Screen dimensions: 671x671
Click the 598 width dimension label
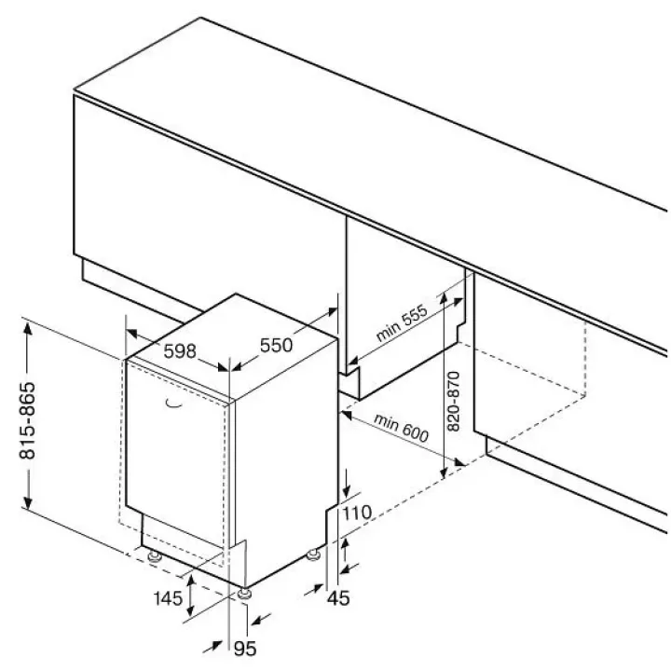[x=180, y=351]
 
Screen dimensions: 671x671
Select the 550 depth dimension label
[x=277, y=345]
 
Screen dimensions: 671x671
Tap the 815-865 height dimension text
[x=28, y=420]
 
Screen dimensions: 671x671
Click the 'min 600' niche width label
[x=401, y=428]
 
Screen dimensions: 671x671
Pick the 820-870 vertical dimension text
[x=453, y=402]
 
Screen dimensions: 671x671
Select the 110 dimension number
[x=357, y=513]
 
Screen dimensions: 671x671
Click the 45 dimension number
[x=338, y=597]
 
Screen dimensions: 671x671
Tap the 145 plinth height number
[x=168, y=597]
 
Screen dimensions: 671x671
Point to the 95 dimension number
[x=245, y=649]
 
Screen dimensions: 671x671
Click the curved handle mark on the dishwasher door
[x=173, y=404]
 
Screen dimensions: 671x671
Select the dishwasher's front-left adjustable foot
[x=154, y=555]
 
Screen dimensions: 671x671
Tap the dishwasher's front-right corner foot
[x=244, y=594]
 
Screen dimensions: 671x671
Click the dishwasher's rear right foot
[x=314, y=555]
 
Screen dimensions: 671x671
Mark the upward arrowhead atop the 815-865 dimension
[x=28, y=330]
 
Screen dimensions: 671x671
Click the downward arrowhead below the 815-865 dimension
[x=28, y=502]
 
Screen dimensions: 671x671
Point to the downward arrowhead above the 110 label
[x=346, y=490]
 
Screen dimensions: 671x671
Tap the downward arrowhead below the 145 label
[x=191, y=609]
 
